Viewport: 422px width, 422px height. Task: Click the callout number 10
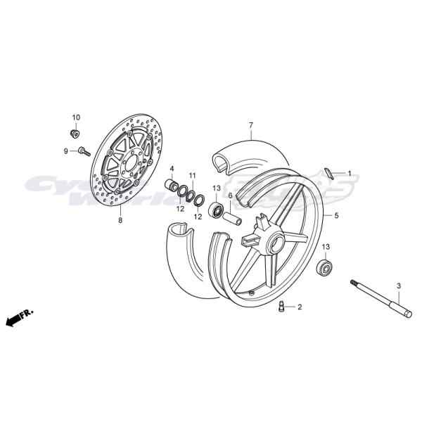click(x=76, y=117)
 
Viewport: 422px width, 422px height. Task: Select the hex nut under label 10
click(x=75, y=132)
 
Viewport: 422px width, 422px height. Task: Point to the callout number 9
click(x=65, y=151)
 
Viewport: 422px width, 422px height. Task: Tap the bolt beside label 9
click(x=84, y=150)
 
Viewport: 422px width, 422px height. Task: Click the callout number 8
click(x=120, y=220)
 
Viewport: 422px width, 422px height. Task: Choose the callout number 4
click(x=172, y=169)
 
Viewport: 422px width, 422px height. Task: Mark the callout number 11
click(x=192, y=175)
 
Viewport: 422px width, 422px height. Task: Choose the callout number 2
click(x=299, y=307)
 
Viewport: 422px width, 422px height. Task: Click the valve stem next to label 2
click(x=282, y=306)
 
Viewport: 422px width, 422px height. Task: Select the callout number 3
click(x=398, y=286)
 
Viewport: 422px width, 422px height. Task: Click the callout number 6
click(x=229, y=196)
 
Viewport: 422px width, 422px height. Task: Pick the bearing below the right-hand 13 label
click(x=325, y=267)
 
